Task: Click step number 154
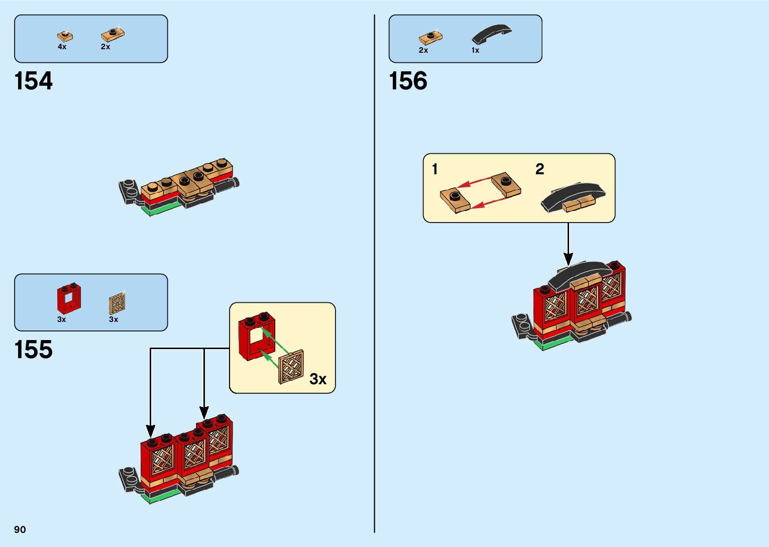click(34, 81)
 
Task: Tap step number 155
click(34, 350)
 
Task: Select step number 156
click(408, 81)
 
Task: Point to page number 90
click(20, 529)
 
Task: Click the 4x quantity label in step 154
click(62, 47)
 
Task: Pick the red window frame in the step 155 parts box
click(69, 299)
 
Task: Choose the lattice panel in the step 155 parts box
click(117, 303)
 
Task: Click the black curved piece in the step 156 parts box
click(491, 34)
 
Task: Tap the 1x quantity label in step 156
click(475, 50)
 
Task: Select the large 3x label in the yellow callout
click(318, 379)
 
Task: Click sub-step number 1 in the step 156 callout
click(435, 169)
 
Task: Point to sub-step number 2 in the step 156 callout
click(540, 169)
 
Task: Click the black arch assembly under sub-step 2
click(573, 197)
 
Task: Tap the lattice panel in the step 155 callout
click(291, 367)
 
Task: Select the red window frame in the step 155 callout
click(257, 336)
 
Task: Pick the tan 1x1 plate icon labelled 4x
click(65, 36)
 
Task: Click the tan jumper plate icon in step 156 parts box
click(430, 37)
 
